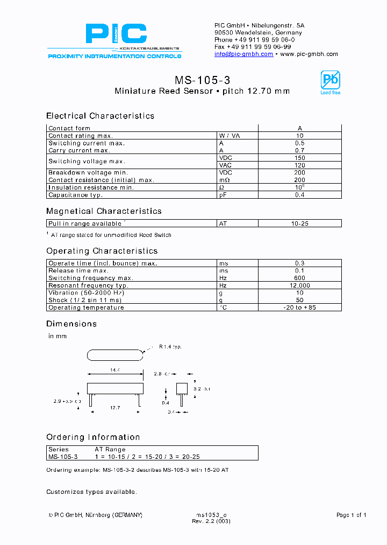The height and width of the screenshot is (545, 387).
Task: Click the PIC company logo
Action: (x=116, y=36)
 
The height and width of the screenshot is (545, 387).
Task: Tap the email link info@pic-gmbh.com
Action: (x=243, y=54)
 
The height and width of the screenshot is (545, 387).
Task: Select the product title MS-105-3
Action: (x=203, y=80)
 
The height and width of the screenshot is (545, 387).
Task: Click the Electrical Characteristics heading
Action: (x=100, y=116)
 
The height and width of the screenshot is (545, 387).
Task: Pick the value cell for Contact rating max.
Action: (x=299, y=136)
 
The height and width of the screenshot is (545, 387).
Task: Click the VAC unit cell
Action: (x=225, y=165)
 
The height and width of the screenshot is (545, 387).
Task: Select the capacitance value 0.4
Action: (x=299, y=195)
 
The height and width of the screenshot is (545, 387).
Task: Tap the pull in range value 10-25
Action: (x=299, y=223)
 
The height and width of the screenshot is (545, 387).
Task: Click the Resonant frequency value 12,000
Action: (x=299, y=285)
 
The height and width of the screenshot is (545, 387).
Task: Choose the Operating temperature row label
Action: (x=86, y=308)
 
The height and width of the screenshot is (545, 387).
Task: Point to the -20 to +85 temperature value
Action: (x=299, y=308)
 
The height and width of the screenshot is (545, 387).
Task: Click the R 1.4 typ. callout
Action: (x=170, y=347)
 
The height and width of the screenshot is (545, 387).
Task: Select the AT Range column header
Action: (x=110, y=449)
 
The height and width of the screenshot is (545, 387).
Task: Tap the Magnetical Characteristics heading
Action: (x=104, y=211)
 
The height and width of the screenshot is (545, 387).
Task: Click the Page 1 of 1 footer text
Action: (x=351, y=515)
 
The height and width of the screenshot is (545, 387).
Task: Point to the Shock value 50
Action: (x=299, y=300)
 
